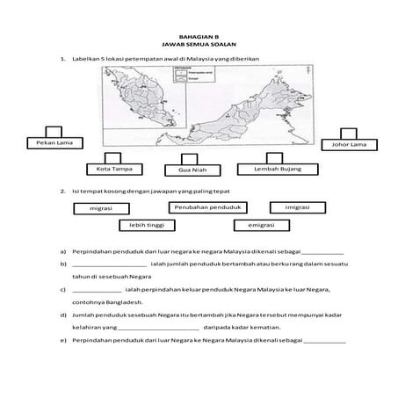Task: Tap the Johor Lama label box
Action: [x=348, y=144]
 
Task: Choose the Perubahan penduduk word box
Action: [x=206, y=207]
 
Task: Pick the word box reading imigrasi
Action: [x=294, y=207]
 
